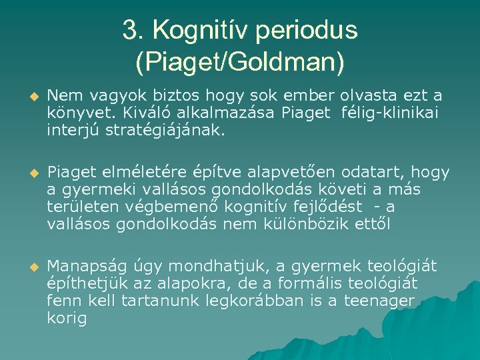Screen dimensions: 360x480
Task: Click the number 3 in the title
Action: (x=130, y=30)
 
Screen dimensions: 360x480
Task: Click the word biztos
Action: (x=163, y=97)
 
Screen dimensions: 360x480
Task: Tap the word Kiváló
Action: (x=137, y=113)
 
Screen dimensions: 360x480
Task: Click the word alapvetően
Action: (x=301, y=173)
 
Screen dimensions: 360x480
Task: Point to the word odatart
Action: (x=381, y=173)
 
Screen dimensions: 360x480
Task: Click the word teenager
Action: (x=379, y=301)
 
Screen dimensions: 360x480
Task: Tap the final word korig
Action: (x=67, y=319)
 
